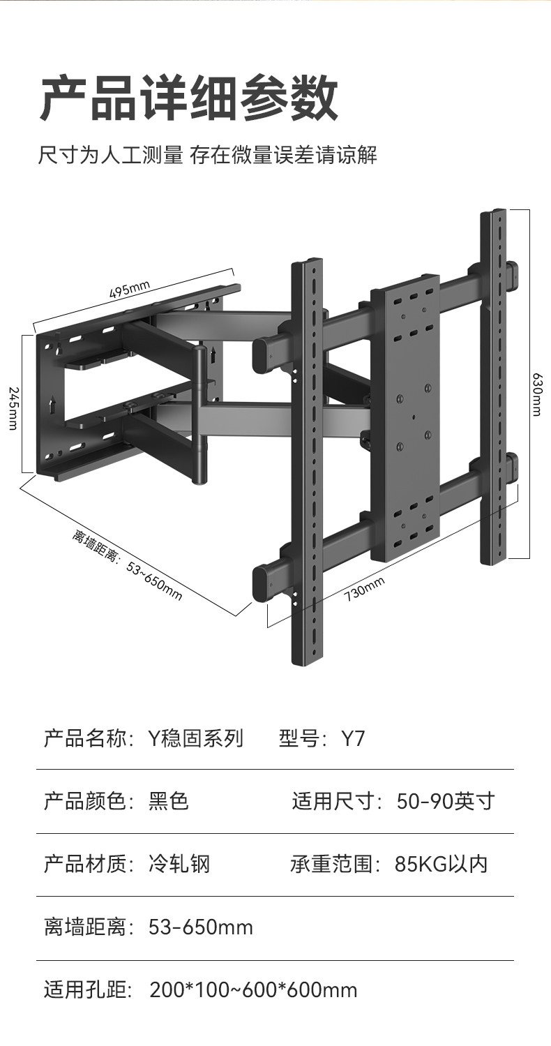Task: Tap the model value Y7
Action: tap(352, 738)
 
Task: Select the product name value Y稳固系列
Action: tap(196, 738)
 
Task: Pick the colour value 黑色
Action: tap(169, 801)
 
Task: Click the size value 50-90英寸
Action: tap(445, 801)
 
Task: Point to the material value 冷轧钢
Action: tap(179, 865)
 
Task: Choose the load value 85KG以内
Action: tap(441, 865)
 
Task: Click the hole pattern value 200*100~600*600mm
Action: tap(253, 989)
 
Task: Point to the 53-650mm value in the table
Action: tap(201, 927)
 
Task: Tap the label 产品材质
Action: tap(84, 865)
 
